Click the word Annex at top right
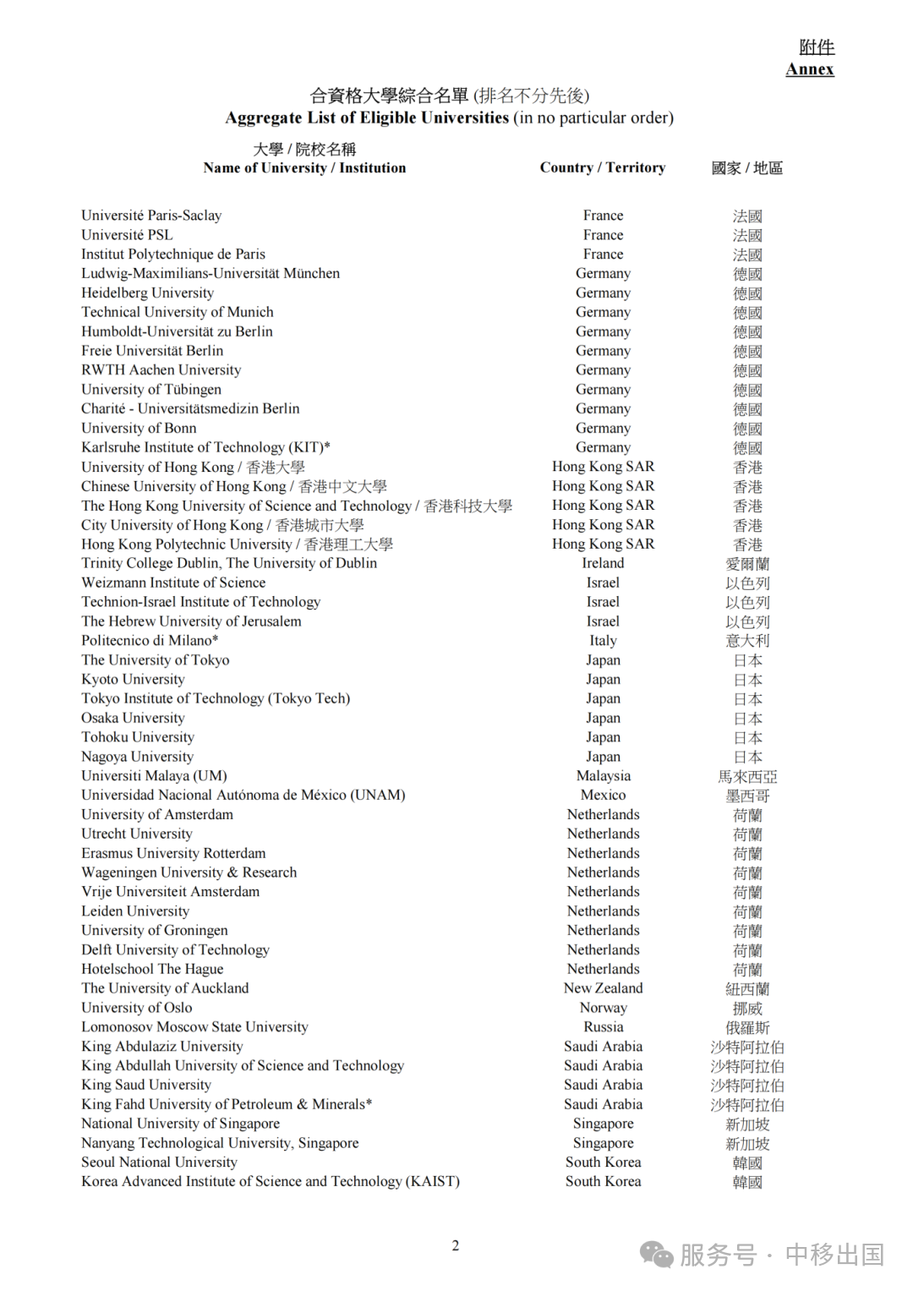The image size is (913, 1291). (x=809, y=69)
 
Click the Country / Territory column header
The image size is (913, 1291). (x=602, y=167)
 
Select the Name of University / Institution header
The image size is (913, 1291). (x=304, y=167)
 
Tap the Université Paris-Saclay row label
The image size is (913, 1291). (x=151, y=216)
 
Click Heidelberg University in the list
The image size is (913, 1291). (x=147, y=293)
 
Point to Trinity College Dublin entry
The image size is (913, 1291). (x=229, y=563)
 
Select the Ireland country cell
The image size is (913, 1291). (x=603, y=563)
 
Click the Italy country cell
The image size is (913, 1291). (x=603, y=641)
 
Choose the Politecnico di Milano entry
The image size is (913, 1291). (x=150, y=641)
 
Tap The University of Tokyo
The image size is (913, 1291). (x=155, y=660)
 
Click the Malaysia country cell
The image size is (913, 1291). (x=603, y=776)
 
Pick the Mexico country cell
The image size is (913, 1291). (x=603, y=796)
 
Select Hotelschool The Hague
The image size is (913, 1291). (x=152, y=969)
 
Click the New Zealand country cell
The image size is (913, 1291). (x=603, y=988)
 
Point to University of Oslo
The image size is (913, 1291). (x=136, y=1008)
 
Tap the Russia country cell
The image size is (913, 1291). (x=603, y=1027)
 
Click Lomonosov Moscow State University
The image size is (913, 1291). (x=194, y=1027)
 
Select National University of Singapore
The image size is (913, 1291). (x=180, y=1124)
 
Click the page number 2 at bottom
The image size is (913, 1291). (x=456, y=1245)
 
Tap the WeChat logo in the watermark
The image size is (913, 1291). (x=657, y=1254)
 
